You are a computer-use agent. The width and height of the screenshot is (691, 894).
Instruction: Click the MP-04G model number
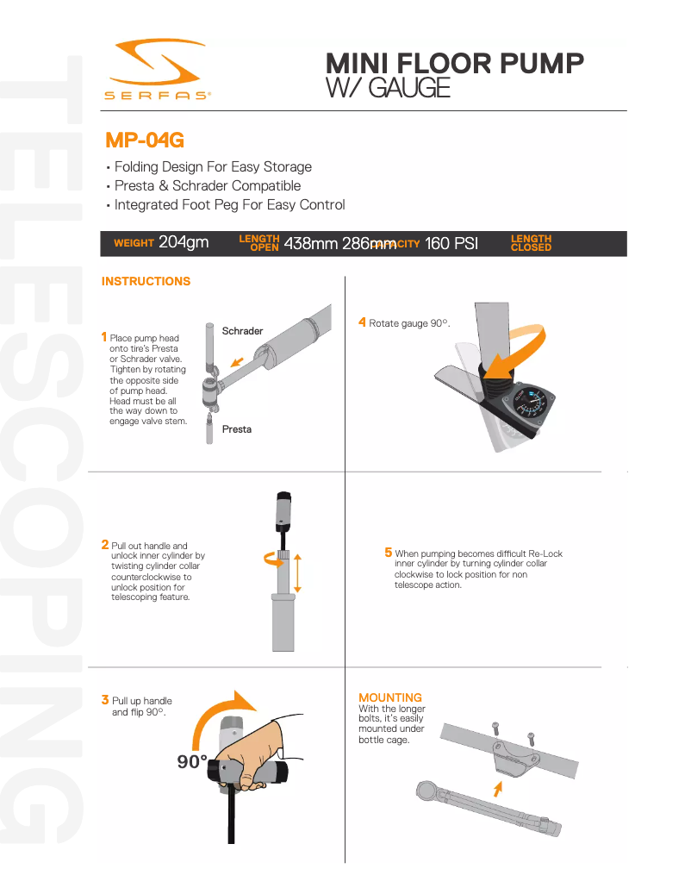point(145,140)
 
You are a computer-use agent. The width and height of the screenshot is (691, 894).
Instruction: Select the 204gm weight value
point(184,243)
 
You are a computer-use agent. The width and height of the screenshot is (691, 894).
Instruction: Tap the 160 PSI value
point(451,243)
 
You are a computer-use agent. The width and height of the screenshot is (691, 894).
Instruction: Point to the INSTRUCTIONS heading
point(146,281)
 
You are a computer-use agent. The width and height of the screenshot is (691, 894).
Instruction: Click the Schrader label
point(242,331)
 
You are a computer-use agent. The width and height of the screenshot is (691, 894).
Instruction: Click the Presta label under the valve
point(237,429)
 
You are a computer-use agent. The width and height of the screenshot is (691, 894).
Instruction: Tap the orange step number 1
point(104,337)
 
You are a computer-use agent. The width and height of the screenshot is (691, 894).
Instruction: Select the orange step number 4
point(363,322)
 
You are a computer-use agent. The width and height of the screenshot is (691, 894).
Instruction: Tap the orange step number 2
point(105,545)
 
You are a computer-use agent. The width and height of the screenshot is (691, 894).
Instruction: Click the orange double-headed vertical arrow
point(297,572)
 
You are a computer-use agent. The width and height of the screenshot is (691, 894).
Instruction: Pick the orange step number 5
point(389,553)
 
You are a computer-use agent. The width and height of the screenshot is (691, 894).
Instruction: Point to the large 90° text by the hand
point(192,762)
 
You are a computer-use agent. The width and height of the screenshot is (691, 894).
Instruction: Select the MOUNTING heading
point(390,697)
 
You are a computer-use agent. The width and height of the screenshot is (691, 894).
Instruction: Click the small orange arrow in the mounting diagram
point(496,787)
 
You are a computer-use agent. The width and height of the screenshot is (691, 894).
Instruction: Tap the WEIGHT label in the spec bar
point(134,244)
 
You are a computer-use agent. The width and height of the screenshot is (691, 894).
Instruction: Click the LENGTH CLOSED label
point(531,243)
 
